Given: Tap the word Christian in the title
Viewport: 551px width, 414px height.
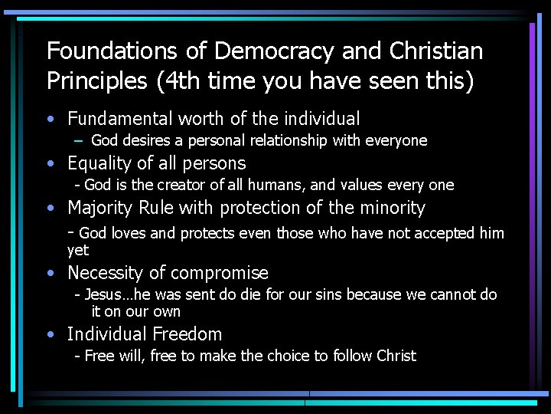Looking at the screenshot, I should [436, 51].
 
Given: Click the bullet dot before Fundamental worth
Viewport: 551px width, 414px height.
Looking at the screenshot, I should [50, 120].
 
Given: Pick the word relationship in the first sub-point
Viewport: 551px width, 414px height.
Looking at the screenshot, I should [274, 140].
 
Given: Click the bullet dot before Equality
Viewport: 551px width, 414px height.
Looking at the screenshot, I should [50, 164].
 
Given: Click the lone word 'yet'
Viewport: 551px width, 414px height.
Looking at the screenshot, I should [78, 250].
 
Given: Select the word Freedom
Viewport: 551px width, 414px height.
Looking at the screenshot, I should [187, 334].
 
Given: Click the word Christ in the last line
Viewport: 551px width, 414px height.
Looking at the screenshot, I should [396, 356].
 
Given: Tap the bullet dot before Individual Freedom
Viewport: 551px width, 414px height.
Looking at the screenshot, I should [50, 335].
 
